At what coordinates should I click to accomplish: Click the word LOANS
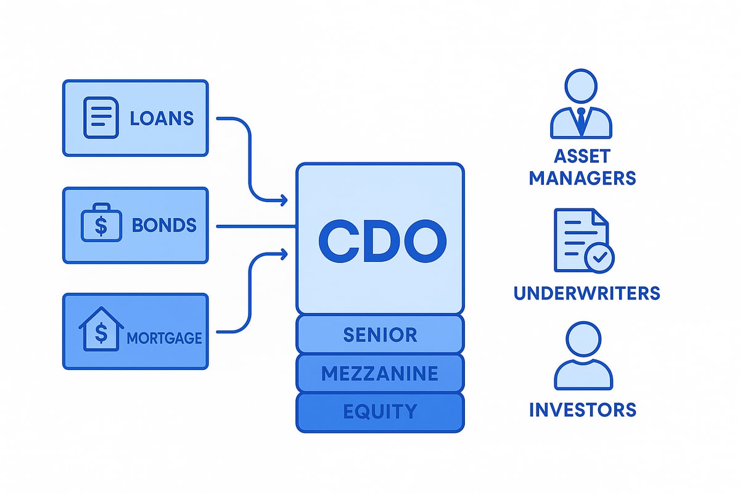tap(162, 118)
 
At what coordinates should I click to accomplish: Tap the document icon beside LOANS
tap(100, 117)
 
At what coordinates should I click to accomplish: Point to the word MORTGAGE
tap(165, 338)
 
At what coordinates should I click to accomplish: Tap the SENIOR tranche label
tap(380, 335)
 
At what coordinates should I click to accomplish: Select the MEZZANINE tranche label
tap(380, 373)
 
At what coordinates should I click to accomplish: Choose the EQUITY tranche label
tap(380, 411)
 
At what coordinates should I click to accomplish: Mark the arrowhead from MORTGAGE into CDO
tap(284, 252)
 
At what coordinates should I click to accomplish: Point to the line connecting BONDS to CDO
tap(256, 226)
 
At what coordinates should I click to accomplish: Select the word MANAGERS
tap(582, 178)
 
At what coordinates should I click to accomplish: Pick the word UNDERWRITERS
tap(586, 292)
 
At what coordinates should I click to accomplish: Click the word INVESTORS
tap(582, 409)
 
